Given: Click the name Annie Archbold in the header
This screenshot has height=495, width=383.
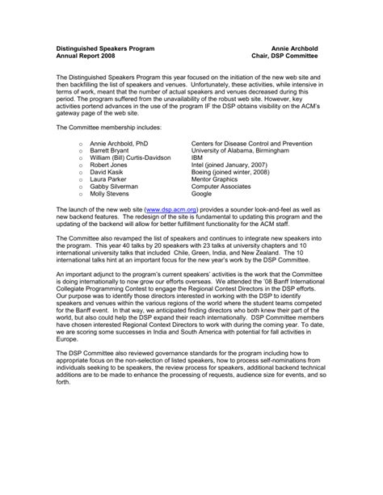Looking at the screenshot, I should coord(294,50).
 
